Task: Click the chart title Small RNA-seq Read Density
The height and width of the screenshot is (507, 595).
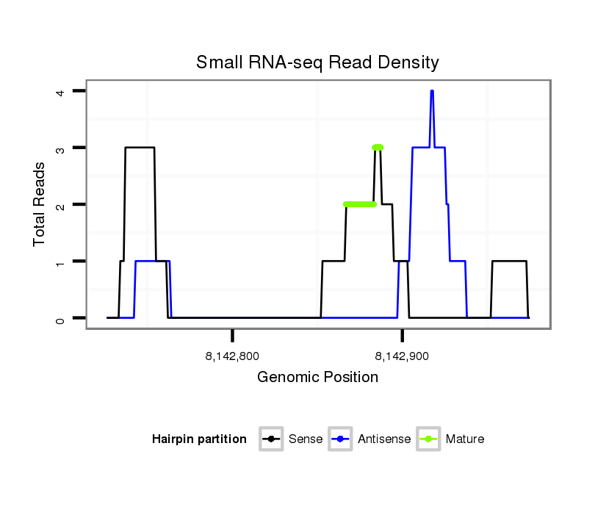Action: (317, 62)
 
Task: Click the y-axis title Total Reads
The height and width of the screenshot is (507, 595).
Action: (40, 204)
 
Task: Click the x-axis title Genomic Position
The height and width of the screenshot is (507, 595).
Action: (317, 378)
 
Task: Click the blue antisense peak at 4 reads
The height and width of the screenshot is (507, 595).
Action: (432, 92)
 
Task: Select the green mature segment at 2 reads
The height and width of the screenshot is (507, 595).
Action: (359, 204)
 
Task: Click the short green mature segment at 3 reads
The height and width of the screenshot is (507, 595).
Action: (378, 148)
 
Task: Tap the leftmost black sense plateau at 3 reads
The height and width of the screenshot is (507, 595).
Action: (140, 148)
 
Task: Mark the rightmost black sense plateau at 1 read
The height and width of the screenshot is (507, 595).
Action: (509, 261)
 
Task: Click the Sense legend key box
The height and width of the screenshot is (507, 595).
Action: (271, 439)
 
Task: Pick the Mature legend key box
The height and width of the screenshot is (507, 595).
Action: (428, 439)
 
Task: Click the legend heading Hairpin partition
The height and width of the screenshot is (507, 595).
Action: (199, 439)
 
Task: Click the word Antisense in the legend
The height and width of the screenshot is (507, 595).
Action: (384, 439)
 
